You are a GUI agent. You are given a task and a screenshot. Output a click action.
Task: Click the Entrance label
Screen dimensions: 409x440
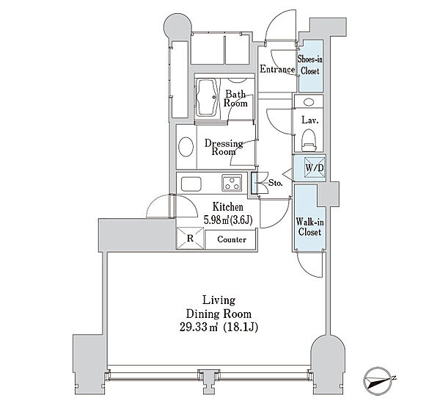click(x=278, y=70)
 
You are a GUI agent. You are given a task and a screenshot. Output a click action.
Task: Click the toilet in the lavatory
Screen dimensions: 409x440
click(x=309, y=138)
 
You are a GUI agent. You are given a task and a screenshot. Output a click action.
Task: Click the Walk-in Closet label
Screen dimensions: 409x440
click(x=308, y=226)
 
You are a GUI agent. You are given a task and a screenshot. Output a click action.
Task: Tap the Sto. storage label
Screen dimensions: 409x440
click(x=275, y=182)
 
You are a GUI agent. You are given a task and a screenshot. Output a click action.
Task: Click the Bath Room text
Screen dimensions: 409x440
click(x=235, y=98)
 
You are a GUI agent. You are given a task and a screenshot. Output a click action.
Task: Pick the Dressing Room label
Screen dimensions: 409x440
click(x=223, y=148)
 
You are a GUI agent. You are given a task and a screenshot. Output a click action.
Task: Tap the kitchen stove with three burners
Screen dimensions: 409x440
click(x=233, y=183)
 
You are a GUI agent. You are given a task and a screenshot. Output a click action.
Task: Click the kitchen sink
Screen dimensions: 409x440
click(x=189, y=183)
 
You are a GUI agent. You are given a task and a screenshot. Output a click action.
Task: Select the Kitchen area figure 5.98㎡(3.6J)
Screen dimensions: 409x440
click(x=229, y=219)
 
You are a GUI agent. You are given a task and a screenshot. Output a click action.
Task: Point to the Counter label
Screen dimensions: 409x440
click(x=231, y=240)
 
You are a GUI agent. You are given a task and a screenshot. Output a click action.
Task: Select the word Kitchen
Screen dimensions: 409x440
click(x=228, y=207)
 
